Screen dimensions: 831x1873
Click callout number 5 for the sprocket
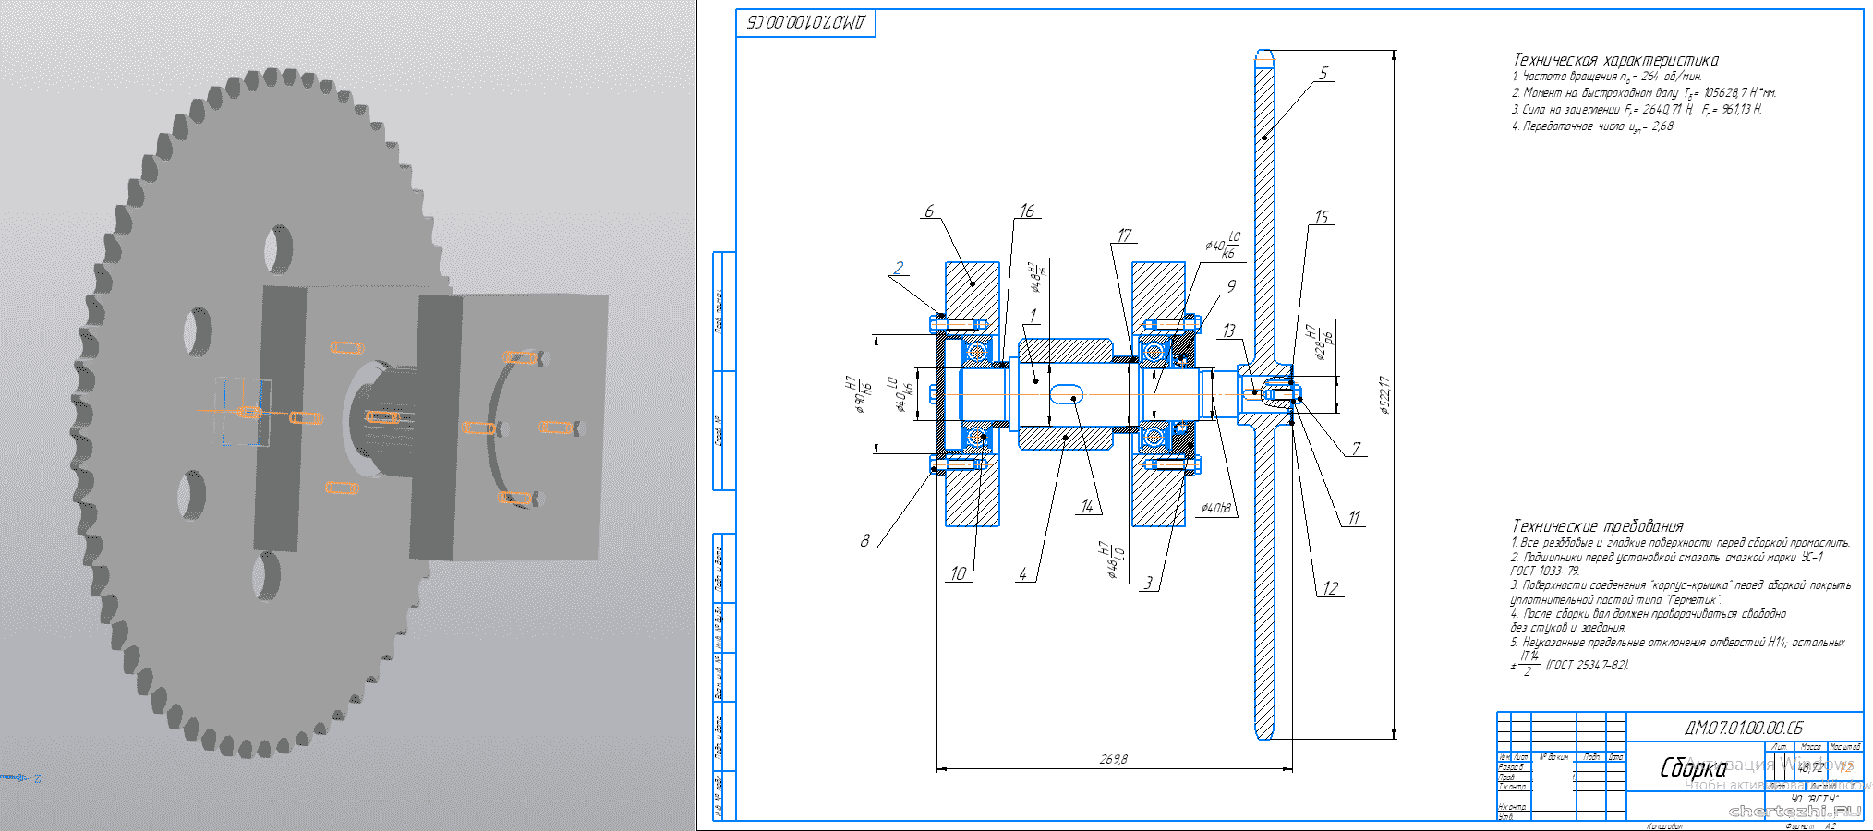(1323, 73)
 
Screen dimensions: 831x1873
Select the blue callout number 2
(899, 268)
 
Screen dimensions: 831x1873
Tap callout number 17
(1124, 235)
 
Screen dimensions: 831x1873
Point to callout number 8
(864, 540)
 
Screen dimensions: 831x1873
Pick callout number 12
(1330, 588)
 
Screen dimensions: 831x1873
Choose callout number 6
(929, 211)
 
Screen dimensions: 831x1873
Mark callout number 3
(1148, 583)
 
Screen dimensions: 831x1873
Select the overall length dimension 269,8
(1113, 759)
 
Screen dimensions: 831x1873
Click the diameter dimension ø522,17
(1384, 395)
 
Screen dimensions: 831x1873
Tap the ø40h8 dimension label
(1215, 508)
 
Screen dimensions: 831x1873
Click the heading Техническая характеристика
(1615, 60)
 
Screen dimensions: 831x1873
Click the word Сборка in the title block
(1693, 767)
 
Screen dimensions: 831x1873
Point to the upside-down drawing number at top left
(806, 23)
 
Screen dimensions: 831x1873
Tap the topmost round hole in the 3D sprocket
(278, 247)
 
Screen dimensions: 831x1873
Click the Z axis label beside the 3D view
(37, 778)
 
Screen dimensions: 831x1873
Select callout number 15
(1322, 217)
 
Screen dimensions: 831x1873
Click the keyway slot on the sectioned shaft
(1067, 394)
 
